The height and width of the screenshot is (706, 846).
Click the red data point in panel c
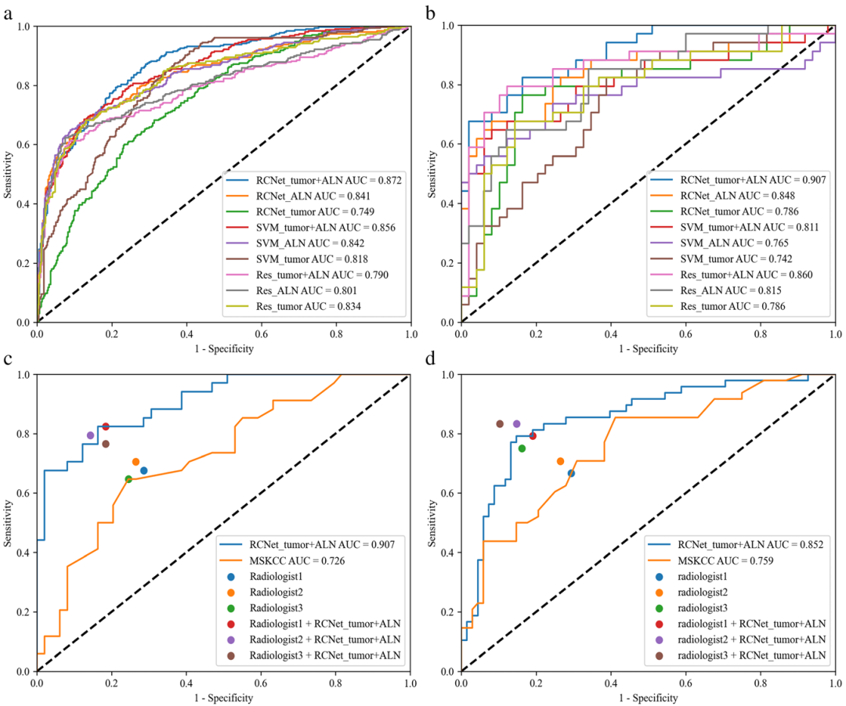click(106, 426)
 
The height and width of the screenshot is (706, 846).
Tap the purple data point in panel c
click(90, 435)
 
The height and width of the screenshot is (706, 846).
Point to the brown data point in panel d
click(500, 423)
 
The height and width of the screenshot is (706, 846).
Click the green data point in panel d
click(522, 448)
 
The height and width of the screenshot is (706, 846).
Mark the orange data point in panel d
click(560, 461)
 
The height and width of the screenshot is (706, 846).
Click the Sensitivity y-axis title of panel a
click(9, 174)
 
